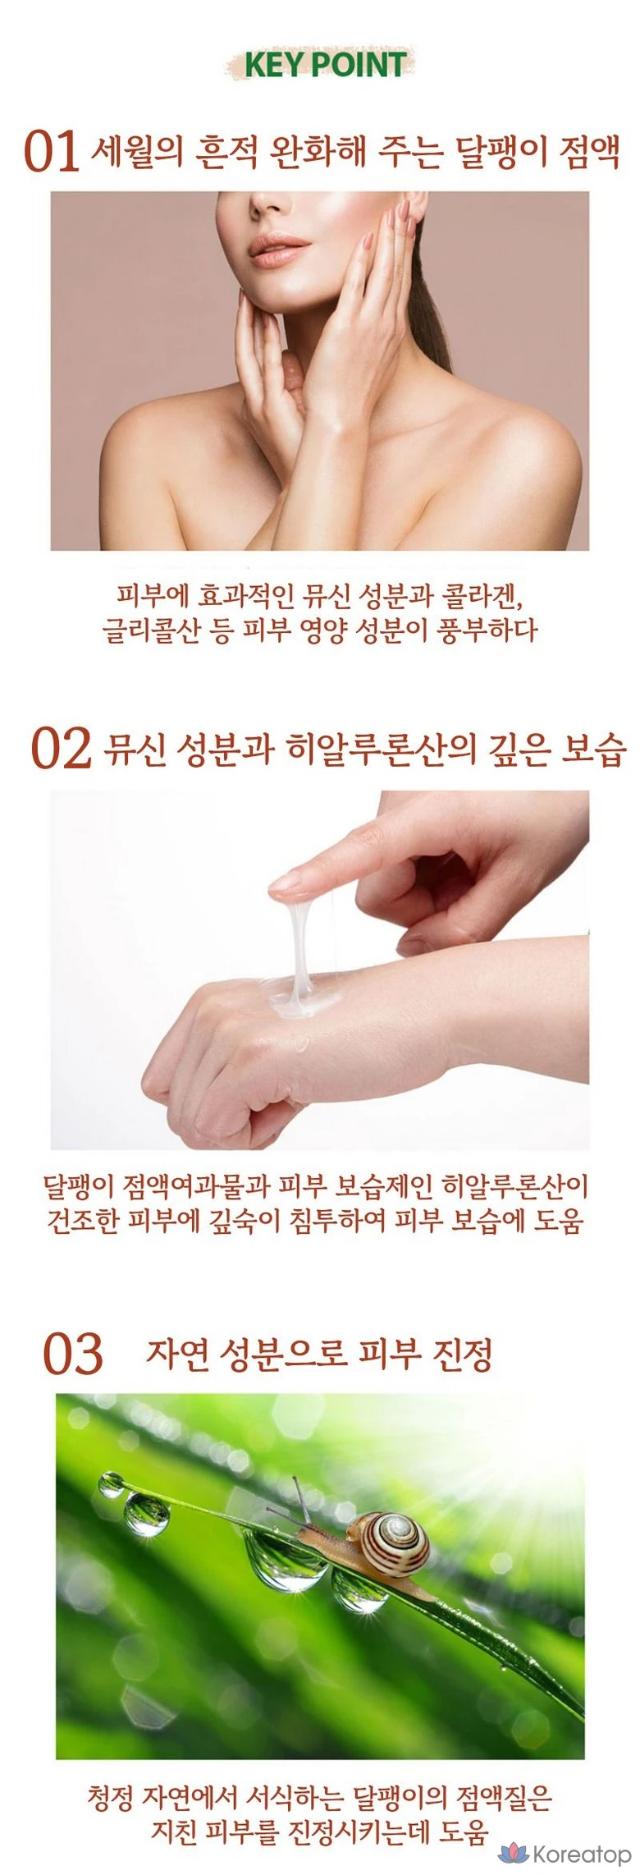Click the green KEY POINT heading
pos(326,65)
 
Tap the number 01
pos(52,152)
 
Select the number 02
pos(61,749)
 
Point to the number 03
pos(73,1355)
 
